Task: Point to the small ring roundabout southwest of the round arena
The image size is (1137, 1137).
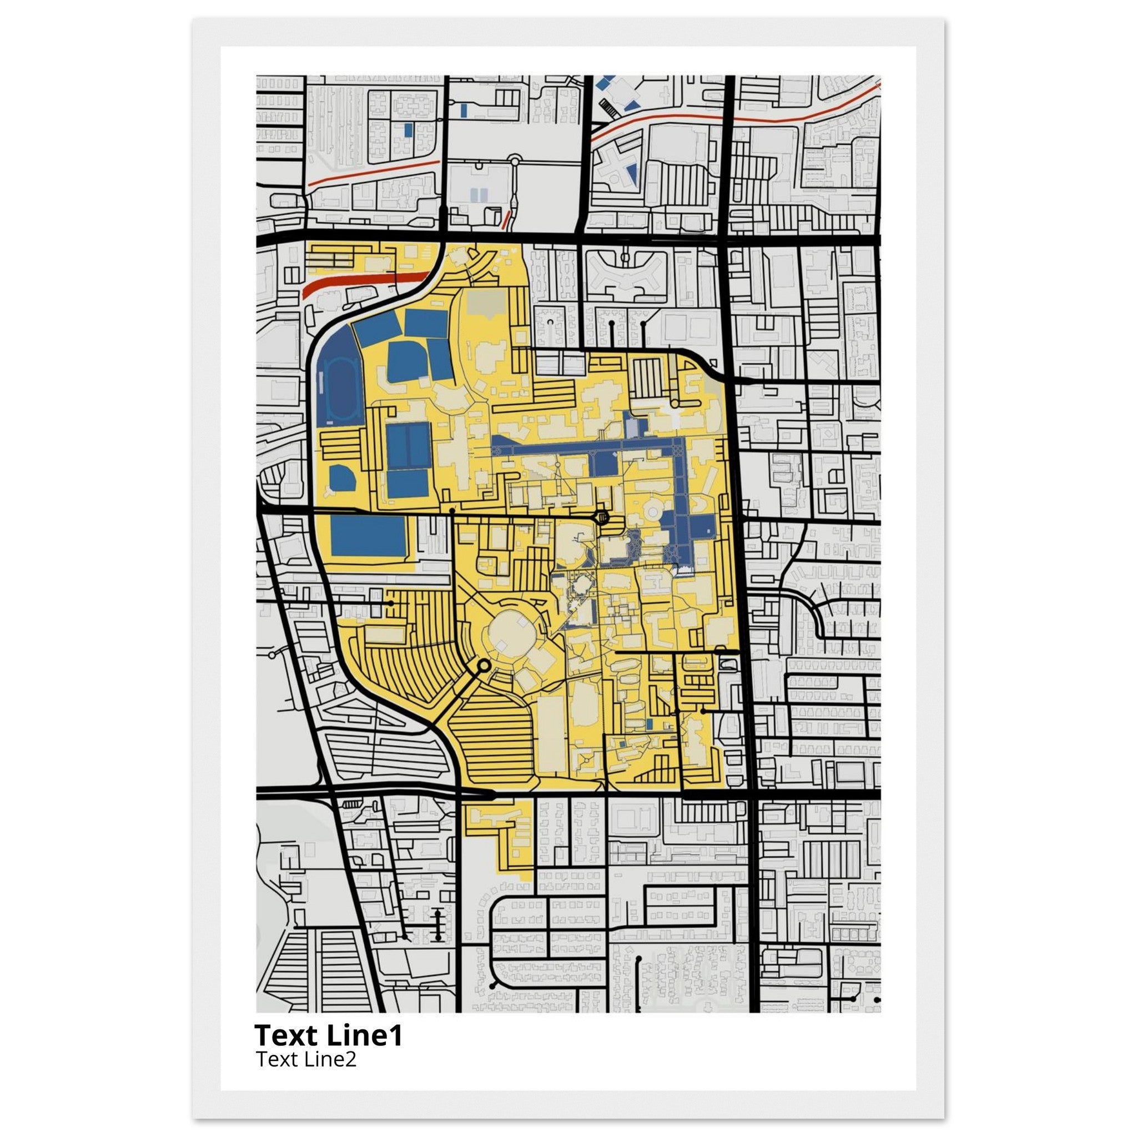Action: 484,666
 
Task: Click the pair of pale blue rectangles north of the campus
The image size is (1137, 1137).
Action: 480,195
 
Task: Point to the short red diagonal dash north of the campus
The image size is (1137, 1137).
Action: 504,219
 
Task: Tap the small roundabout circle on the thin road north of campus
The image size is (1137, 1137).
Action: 514,159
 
